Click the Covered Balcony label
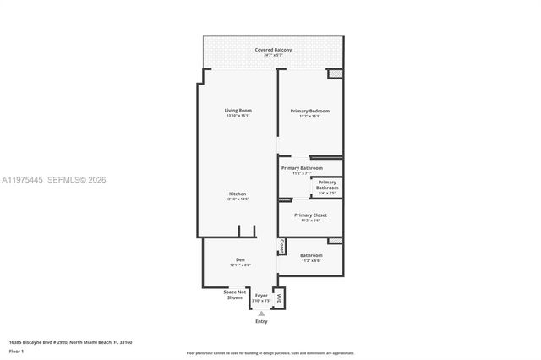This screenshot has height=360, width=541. click(273, 51)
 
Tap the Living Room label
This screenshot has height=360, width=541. click(238, 111)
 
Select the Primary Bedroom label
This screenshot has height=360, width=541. click(309, 112)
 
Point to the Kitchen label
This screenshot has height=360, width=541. click(238, 194)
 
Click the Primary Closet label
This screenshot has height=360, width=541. click(310, 215)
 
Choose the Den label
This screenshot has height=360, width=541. click(239, 259)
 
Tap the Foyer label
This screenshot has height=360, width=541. click(262, 296)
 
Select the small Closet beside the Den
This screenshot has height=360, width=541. click(281, 246)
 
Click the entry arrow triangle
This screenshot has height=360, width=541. click(260, 312)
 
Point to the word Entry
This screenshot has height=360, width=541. click(260, 322)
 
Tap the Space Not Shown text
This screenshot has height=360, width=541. click(234, 295)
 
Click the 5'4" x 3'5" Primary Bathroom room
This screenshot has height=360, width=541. click(327, 188)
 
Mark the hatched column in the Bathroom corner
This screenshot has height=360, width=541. click(336, 248)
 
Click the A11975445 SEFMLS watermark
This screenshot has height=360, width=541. click(59, 180)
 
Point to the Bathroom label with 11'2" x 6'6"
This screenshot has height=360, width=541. click(310, 256)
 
